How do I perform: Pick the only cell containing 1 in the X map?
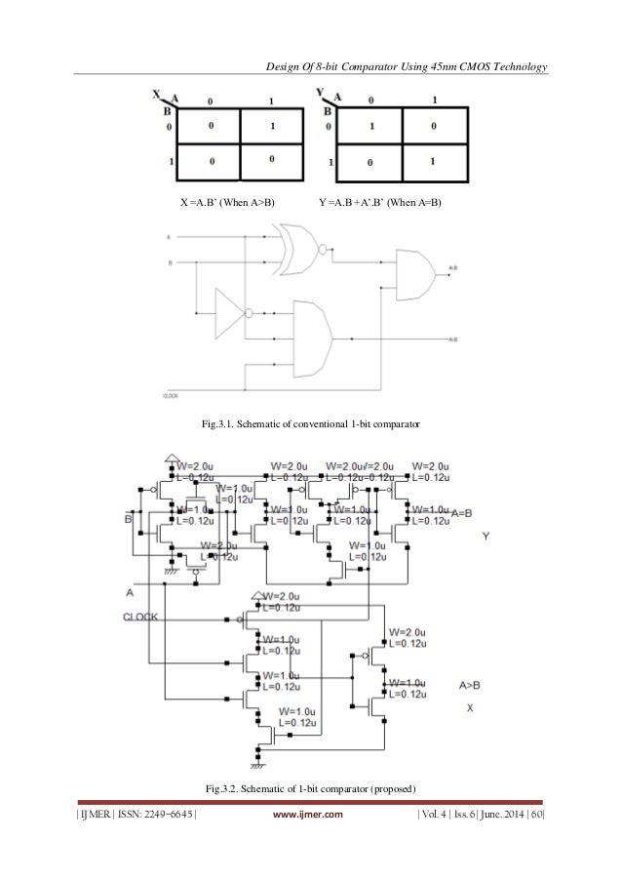tap(276, 127)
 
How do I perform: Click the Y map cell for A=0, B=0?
tap(371, 127)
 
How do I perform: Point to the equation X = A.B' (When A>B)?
tap(226, 202)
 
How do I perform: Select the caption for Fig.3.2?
tap(310, 787)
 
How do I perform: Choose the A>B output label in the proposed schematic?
tap(469, 686)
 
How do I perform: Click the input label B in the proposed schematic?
tap(128, 519)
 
